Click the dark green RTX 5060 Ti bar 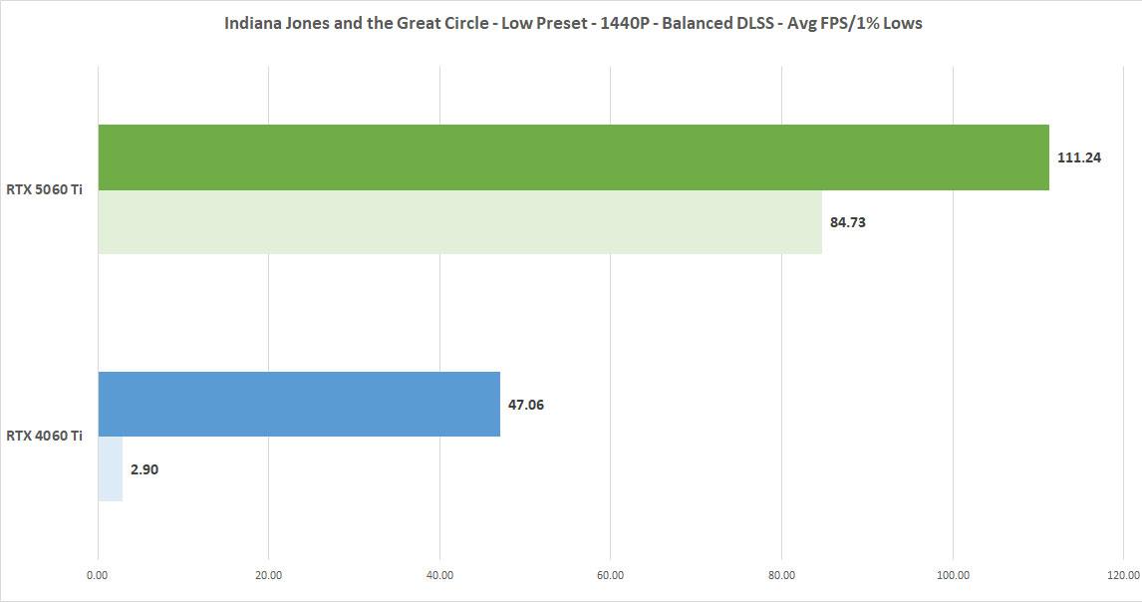coord(573,157)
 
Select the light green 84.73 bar coord(459,222)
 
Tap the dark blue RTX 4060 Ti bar coord(299,404)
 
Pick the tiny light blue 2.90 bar coord(110,468)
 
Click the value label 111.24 coord(1079,157)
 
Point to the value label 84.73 coord(848,222)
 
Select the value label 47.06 coord(526,405)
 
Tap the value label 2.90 coord(144,469)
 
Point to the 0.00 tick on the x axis coord(98,575)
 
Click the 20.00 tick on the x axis coord(269,575)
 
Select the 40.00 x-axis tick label coord(439,575)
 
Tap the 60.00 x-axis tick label coord(611,575)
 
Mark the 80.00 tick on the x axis coord(782,575)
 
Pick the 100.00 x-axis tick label coord(953,575)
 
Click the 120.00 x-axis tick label coord(1123,575)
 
